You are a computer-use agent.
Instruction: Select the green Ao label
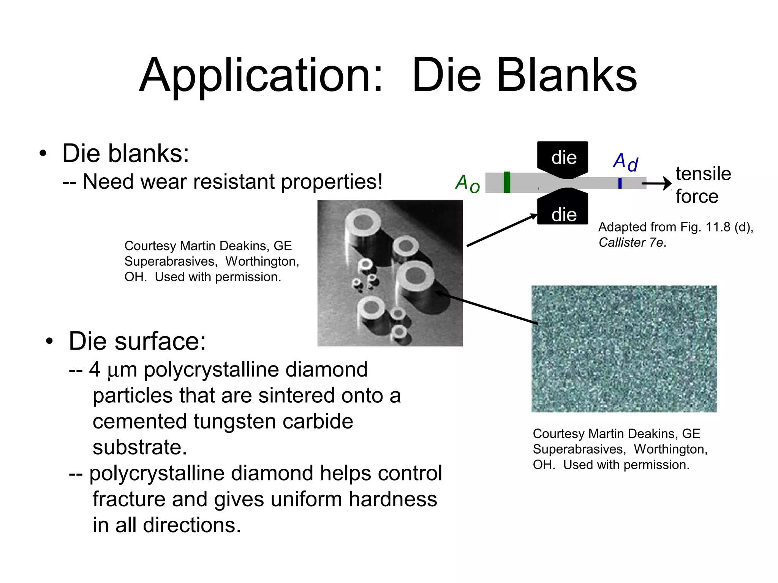pos(467,184)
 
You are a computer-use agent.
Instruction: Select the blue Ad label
pos(625,162)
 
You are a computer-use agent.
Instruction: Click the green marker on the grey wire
pos(507,183)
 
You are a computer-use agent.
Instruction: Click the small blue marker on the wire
pos(620,183)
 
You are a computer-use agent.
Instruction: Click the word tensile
pos(703,174)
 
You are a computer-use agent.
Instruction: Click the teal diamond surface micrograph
pos(624,348)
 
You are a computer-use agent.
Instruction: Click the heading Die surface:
pos(137,341)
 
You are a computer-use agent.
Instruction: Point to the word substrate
pos(139,447)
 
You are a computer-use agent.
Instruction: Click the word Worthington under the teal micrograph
pos(670,449)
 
